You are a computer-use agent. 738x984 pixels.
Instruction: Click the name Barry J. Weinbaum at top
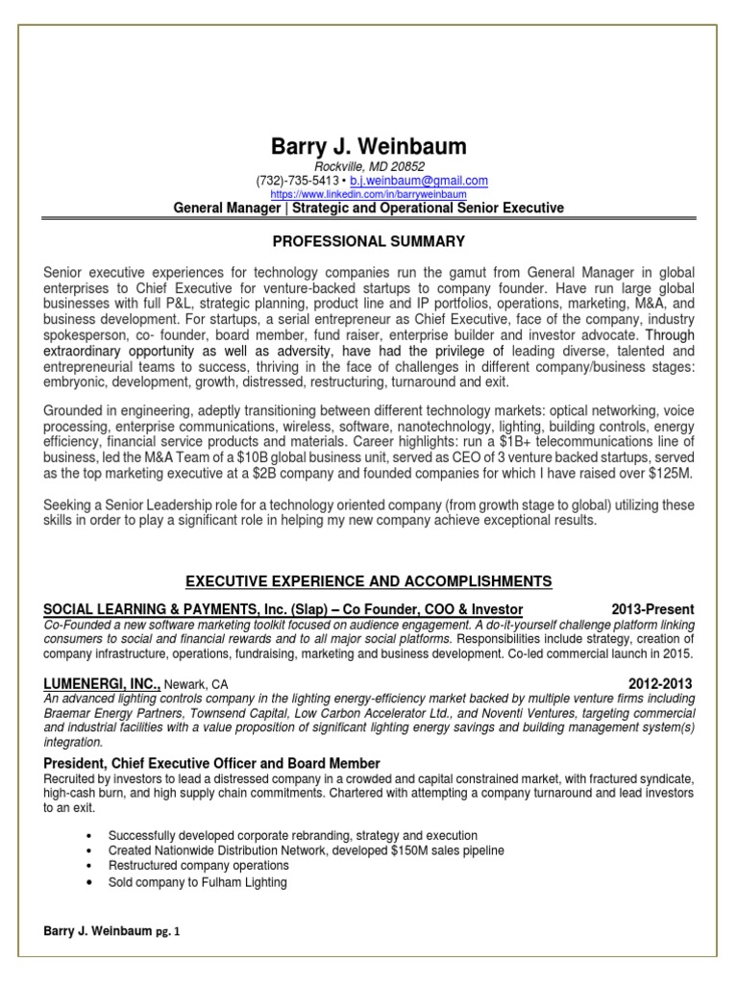(x=369, y=146)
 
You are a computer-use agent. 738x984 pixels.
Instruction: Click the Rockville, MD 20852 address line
(x=370, y=166)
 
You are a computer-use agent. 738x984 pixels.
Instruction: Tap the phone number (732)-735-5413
(x=297, y=181)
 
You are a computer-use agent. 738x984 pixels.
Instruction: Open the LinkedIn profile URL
(x=369, y=194)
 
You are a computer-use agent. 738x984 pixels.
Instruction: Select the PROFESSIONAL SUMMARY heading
(x=369, y=239)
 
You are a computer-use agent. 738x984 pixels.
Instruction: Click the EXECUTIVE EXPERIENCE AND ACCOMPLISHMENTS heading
(x=369, y=581)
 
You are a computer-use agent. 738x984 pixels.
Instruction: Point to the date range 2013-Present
(x=652, y=609)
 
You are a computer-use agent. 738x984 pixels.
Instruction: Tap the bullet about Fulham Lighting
(x=197, y=882)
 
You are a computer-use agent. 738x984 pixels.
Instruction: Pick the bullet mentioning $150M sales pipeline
(x=306, y=851)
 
